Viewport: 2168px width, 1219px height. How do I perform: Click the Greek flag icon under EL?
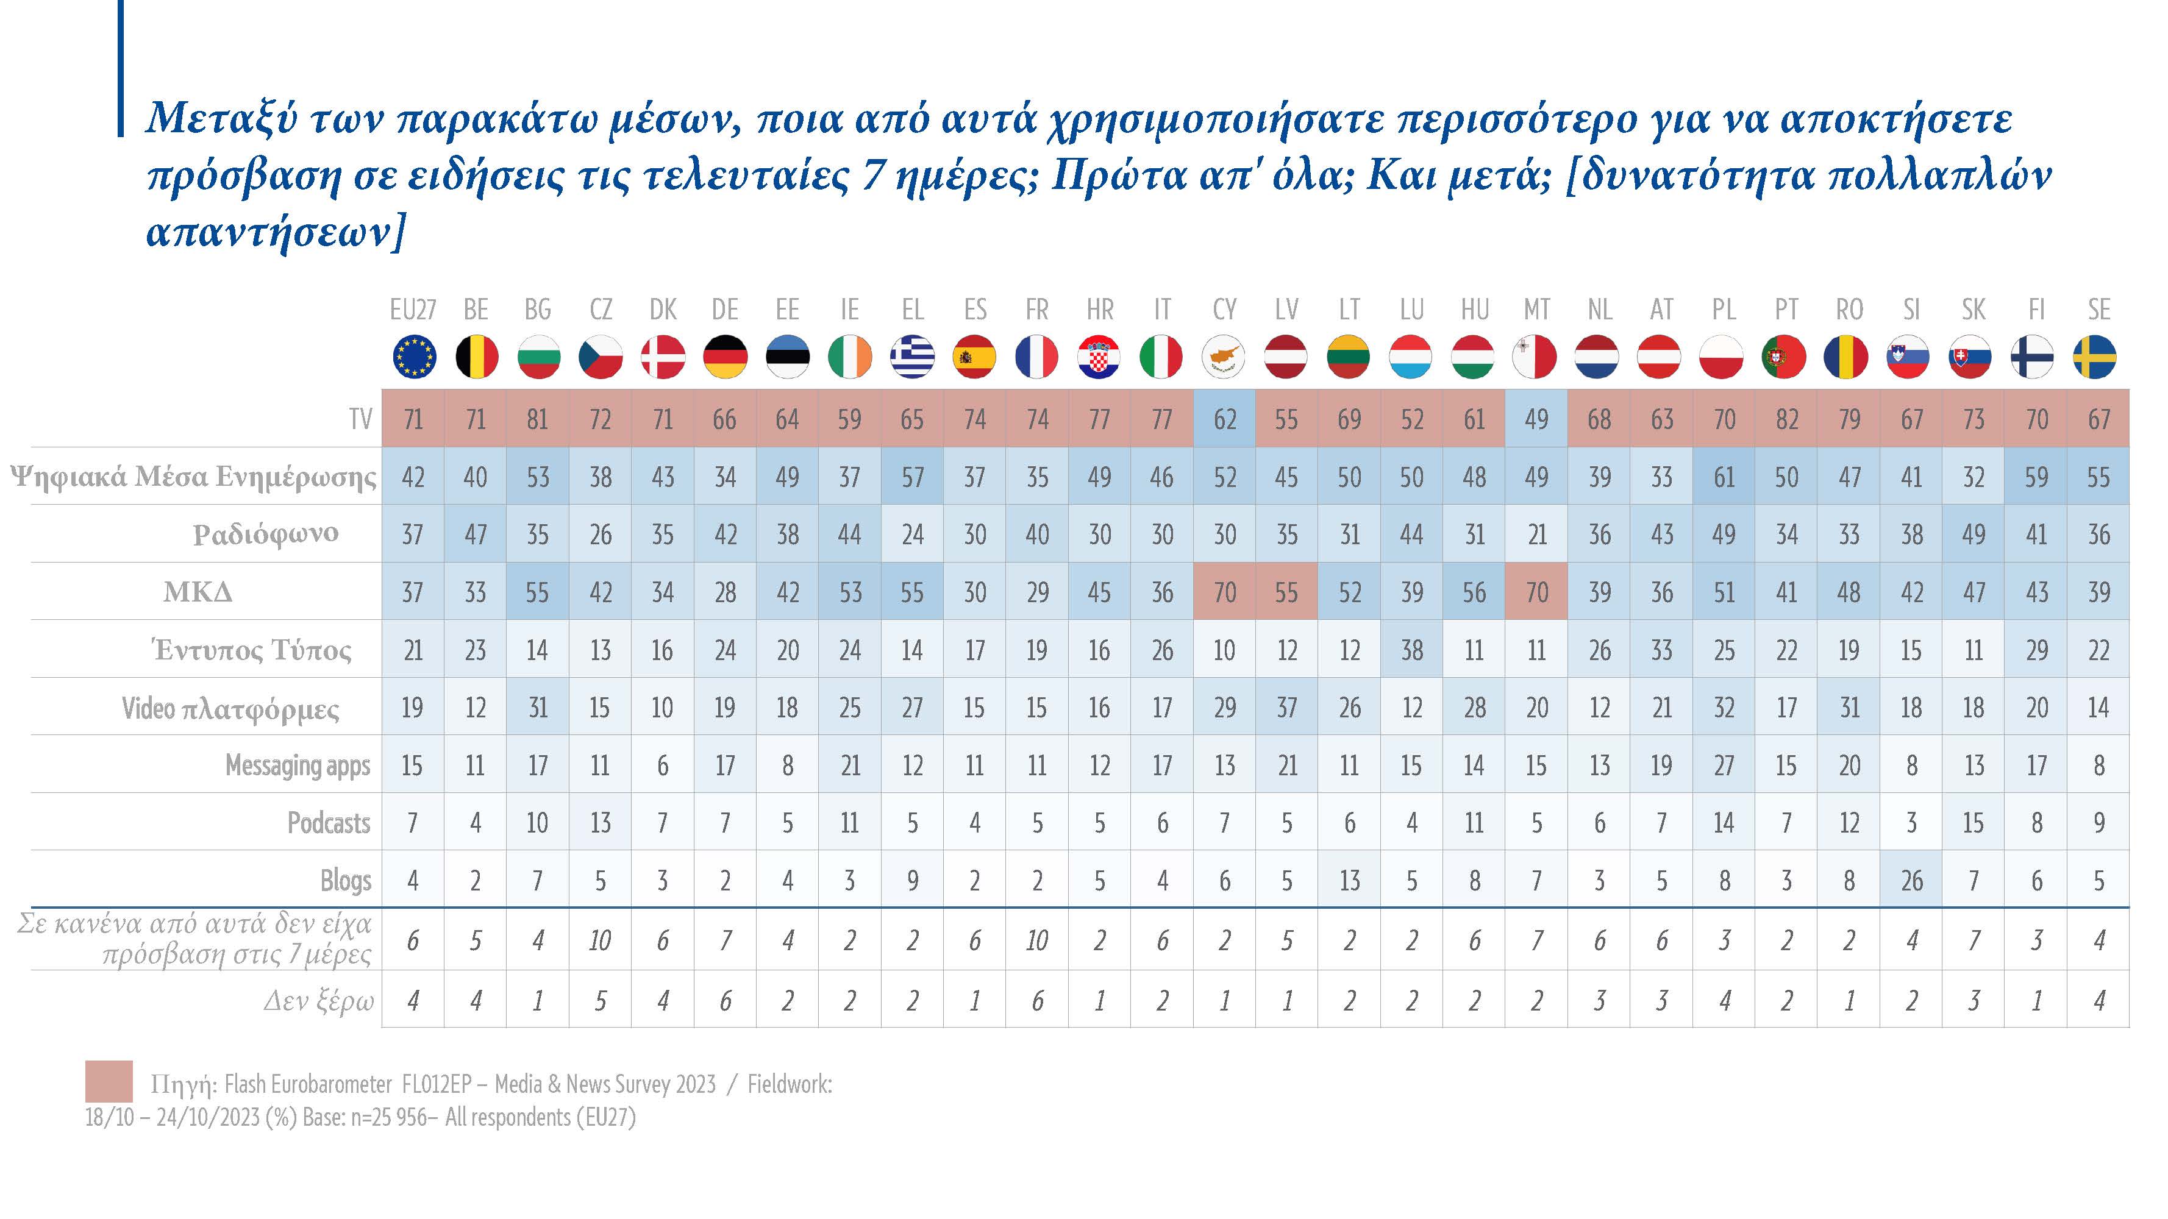coord(912,357)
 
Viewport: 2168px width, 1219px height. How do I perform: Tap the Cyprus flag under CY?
coord(1225,357)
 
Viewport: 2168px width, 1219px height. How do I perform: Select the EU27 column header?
coord(412,310)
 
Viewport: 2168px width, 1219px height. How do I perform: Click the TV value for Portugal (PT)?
coord(1786,419)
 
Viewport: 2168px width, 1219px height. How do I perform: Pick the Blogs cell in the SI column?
coord(1911,880)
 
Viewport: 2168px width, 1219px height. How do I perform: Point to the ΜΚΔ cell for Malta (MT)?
coord(1537,592)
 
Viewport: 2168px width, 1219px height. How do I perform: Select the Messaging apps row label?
coord(298,766)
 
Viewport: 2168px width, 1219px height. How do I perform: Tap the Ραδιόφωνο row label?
coord(266,533)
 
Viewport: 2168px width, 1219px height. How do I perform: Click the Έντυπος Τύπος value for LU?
coord(1411,650)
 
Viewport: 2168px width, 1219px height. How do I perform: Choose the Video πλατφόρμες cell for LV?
coord(1287,708)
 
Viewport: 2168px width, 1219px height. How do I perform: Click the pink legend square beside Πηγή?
coord(109,1081)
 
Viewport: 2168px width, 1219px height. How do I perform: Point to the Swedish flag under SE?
coord(2098,357)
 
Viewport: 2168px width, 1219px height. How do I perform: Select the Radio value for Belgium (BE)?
coord(476,534)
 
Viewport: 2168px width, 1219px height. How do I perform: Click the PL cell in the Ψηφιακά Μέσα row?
coord(1724,477)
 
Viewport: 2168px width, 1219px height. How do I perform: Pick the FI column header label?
coord(2036,310)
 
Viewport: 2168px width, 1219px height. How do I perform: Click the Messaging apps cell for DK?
coord(662,766)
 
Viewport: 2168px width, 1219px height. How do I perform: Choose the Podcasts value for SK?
coord(1974,823)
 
